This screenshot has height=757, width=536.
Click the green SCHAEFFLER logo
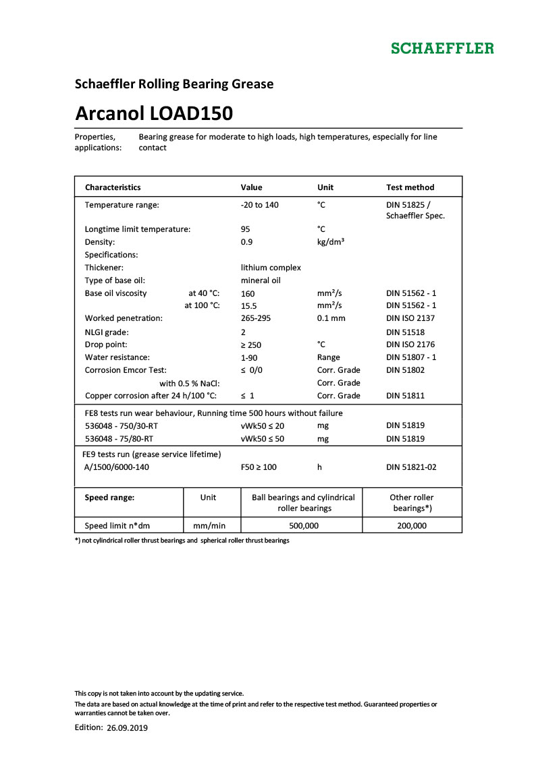(442, 49)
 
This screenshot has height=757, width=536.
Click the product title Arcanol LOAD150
(154, 113)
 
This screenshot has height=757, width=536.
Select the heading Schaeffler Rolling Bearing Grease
(173, 84)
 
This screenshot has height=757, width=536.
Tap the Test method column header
(410, 187)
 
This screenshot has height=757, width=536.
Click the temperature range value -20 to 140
(260, 204)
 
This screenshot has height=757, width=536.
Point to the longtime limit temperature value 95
(246, 229)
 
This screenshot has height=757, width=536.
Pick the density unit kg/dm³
(331, 241)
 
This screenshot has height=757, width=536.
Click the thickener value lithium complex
(271, 268)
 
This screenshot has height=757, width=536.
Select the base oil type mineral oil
(261, 280)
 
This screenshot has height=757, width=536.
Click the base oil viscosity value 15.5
(248, 306)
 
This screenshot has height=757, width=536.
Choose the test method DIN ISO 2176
(410, 344)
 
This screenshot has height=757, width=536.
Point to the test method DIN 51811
(405, 396)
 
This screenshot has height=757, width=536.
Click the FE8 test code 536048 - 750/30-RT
(122, 426)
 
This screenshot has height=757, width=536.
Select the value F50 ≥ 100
(259, 467)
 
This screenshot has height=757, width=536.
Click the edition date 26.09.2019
(127, 728)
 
